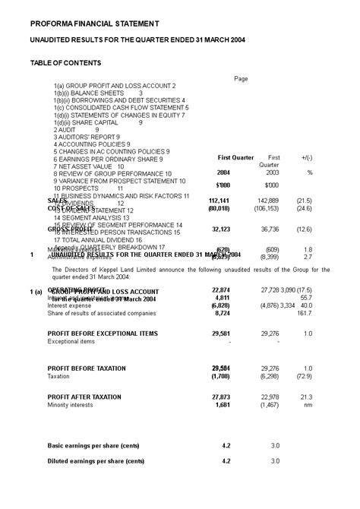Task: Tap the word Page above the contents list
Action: pos(241,78)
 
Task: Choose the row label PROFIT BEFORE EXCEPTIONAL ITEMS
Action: pos(103,334)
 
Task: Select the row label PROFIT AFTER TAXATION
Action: pos(84,397)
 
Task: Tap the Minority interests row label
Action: pos(72,405)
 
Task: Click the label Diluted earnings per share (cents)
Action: pos(97,461)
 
